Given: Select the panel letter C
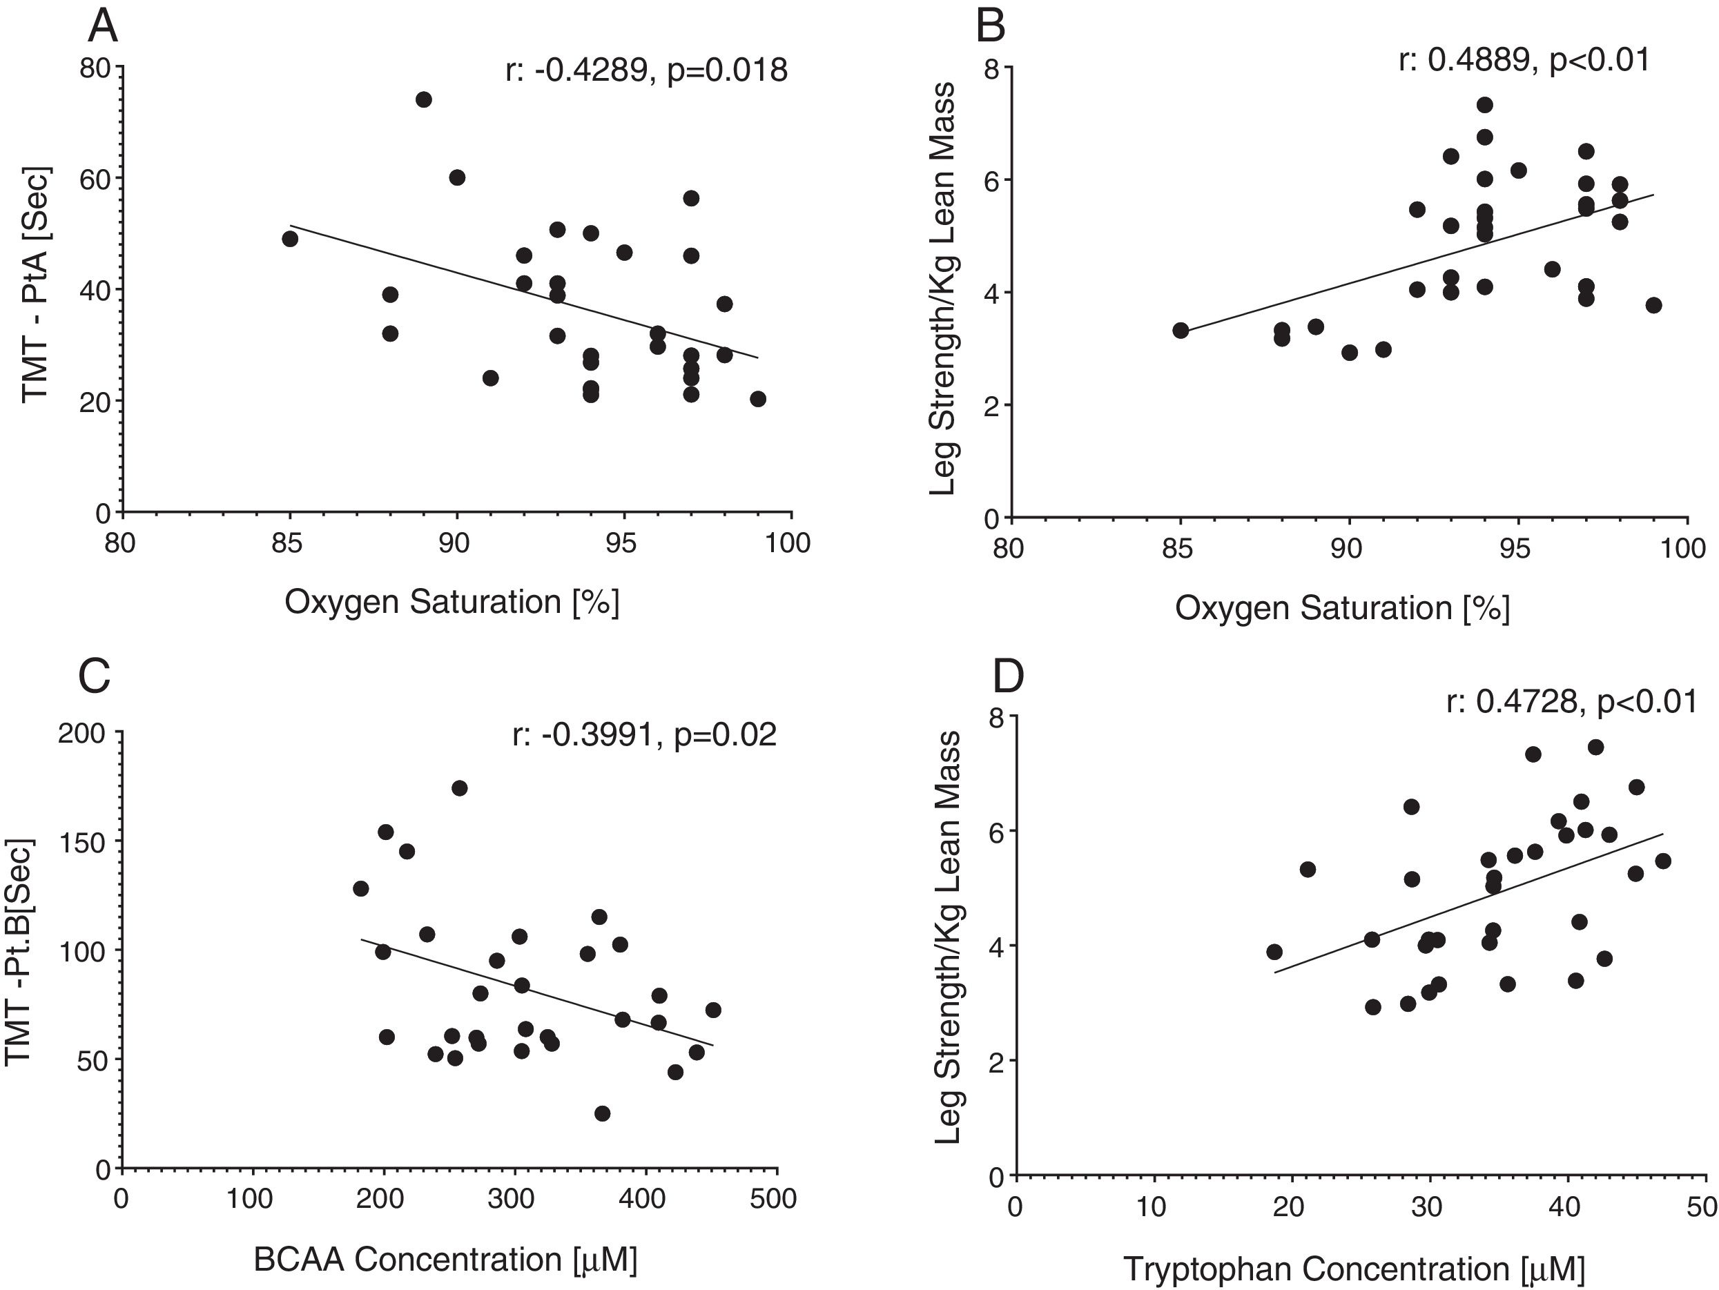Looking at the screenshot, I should [94, 676].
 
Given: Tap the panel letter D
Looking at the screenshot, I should [1008, 676].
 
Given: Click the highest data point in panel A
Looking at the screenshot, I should [423, 99].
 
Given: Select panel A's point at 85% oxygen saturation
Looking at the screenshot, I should [290, 239].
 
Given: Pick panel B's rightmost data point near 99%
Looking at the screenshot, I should [1653, 305].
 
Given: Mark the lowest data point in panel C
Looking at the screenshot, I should [602, 1113].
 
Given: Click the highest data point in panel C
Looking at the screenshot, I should [459, 788].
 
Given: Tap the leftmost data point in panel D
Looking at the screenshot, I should [1274, 952].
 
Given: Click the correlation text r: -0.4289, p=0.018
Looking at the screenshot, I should [645, 70].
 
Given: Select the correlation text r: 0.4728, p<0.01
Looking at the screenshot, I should [1571, 702].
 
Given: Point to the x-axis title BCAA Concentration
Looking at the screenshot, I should [445, 1260].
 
